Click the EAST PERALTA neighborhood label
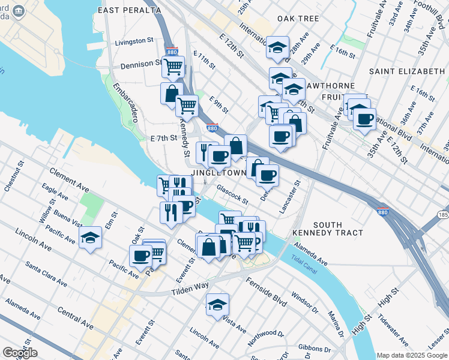[x=130, y=10]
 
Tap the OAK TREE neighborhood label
[x=298, y=19]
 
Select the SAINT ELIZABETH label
[x=406, y=71]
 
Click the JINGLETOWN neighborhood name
[x=218, y=173]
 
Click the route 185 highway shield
[x=443, y=214]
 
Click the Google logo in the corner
[x=20, y=352]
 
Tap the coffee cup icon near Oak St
[x=141, y=256]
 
